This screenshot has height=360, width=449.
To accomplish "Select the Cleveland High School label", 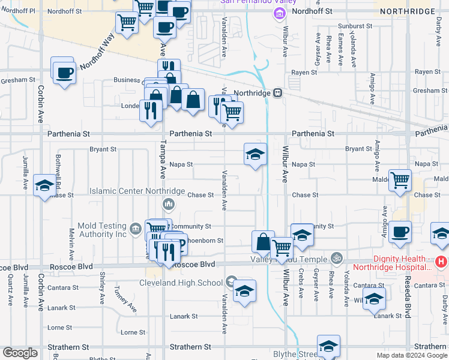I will coord(181,283).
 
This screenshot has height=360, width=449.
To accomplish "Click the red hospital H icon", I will coord(441,262).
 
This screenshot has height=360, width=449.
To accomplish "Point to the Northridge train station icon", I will coord(278,93).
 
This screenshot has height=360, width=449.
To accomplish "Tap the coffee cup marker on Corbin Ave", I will coord(64,72).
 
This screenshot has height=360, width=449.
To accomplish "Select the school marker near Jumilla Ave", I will coord(44,185).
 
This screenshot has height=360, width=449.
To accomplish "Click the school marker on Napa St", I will coord(255,155).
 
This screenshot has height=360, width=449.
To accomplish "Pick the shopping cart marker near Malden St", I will coord(400,179).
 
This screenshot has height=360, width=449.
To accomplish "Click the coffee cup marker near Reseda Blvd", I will coord(400,232).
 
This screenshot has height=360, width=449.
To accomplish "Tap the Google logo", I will coord(20,353).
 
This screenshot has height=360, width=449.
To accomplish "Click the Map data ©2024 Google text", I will coord(411,355).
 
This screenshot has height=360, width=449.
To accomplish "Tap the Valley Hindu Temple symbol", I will coord(337,259).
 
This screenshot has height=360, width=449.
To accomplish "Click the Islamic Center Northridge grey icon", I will coord(168,205).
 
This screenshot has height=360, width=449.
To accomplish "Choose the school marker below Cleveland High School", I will coord(244,292).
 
